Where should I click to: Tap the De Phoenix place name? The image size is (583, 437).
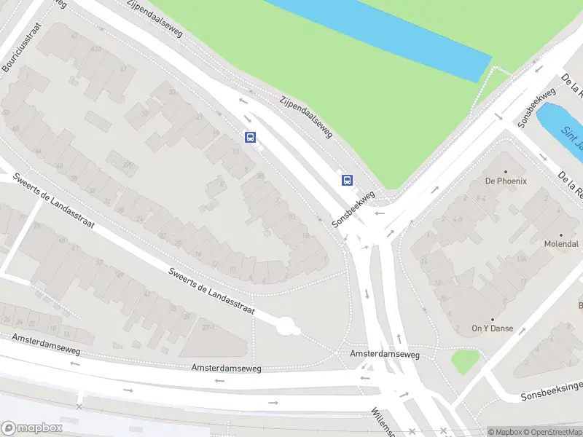click(506, 181)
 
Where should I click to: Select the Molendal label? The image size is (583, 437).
click(561, 244)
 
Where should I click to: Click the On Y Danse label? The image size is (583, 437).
click(492, 328)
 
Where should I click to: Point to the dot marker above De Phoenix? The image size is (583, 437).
click(506, 172)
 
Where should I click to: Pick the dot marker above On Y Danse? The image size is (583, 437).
click(492, 319)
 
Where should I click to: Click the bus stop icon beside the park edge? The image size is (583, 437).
click(348, 180)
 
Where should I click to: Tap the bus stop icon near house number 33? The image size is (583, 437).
click(251, 137)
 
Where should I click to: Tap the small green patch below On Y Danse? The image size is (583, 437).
click(464, 360)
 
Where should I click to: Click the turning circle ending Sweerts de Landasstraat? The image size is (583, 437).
click(287, 326)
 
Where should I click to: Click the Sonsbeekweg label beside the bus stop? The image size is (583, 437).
click(353, 210)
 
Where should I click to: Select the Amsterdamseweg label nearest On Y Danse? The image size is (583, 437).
click(385, 354)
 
